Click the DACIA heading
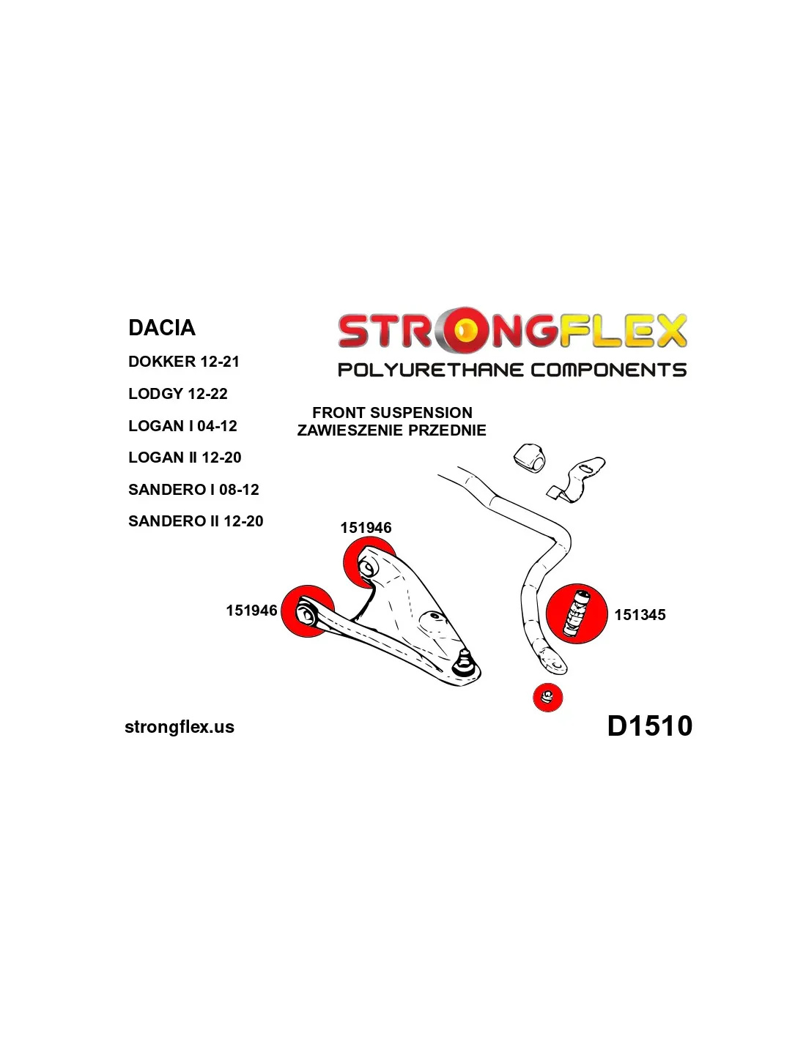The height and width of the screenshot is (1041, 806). (x=162, y=327)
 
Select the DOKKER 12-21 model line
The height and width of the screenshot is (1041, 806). (x=184, y=362)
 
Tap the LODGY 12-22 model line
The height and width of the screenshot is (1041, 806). (x=178, y=394)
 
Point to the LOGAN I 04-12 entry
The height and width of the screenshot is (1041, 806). (x=182, y=426)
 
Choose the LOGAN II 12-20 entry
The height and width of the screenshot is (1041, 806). (x=185, y=458)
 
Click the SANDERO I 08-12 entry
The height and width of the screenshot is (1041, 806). (x=193, y=490)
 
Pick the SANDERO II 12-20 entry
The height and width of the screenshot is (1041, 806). (x=196, y=521)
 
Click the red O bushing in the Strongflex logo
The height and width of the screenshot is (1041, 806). (x=464, y=330)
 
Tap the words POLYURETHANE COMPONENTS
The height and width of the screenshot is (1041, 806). (x=511, y=370)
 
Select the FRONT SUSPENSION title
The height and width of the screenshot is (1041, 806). (x=392, y=413)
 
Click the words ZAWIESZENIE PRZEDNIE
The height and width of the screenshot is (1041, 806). (x=391, y=430)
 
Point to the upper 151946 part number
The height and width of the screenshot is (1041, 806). (x=366, y=528)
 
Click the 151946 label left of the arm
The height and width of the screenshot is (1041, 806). (x=251, y=611)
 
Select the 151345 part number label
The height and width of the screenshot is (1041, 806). (x=640, y=615)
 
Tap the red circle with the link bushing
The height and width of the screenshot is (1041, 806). (x=577, y=614)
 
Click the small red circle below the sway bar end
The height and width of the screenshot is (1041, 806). (x=547, y=697)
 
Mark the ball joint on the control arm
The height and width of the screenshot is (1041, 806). (x=463, y=663)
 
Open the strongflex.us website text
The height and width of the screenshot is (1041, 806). (x=180, y=727)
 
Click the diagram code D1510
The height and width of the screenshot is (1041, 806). (x=649, y=725)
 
